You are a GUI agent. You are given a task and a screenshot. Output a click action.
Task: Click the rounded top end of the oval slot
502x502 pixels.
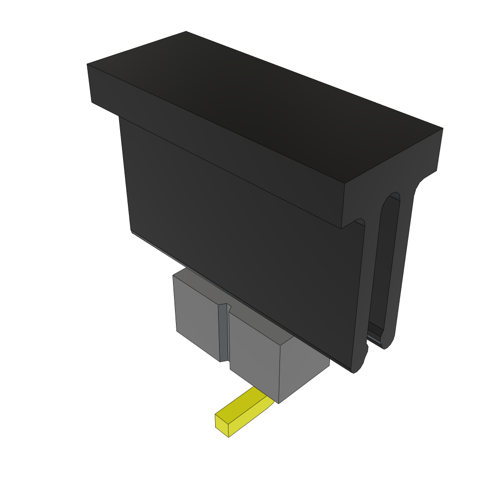click(x=392, y=198)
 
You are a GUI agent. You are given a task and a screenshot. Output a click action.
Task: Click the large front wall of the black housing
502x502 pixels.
click(x=245, y=235)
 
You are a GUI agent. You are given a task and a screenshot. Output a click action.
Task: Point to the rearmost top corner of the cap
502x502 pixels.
click(x=186, y=32)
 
